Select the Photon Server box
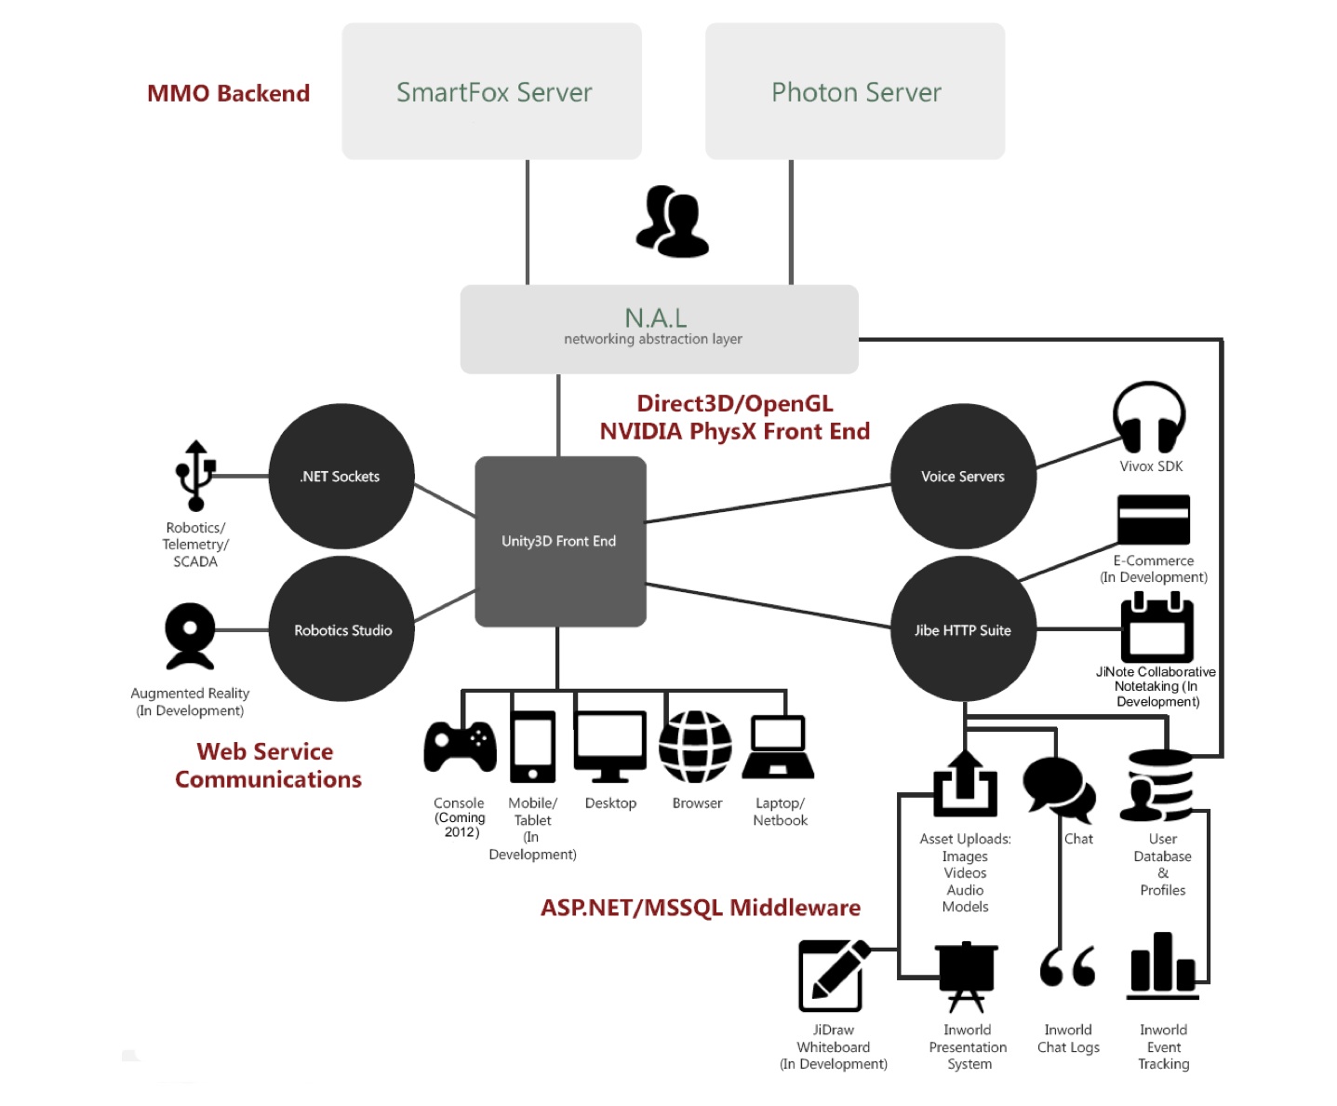(855, 91)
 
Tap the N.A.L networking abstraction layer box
(659, 329)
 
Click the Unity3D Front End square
(560, 541)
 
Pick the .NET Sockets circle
(341, 476)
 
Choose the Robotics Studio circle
(341, 629)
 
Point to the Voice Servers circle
(963, 476)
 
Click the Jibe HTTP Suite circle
(963, 629)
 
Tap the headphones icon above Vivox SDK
(1149, 418)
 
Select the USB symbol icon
(195, 476)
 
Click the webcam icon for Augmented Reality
(190, 636)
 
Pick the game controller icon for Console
(460, 747)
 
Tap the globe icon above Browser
(695, 747)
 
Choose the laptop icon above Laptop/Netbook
(779, 747)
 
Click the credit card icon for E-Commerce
(1153, 519)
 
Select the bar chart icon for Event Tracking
(1162, 965)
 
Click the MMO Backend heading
(228, 93)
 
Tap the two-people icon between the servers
(672, 222)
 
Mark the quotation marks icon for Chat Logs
(1067, 967)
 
